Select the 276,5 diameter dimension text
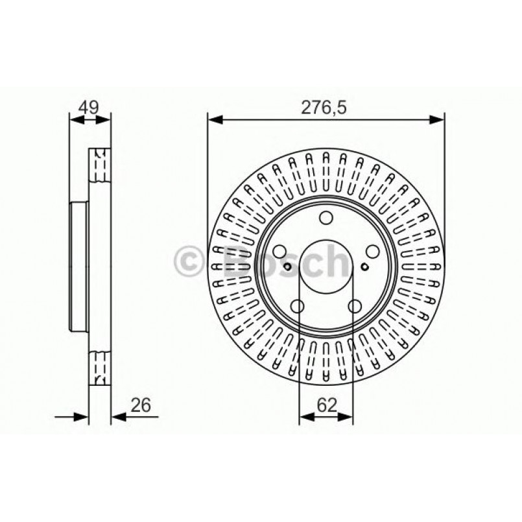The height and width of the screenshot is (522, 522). point(326,108)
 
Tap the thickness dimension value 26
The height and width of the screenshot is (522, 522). point(140,405)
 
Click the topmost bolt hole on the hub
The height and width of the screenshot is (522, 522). point(326,217)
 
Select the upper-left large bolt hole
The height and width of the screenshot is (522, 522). point(280,252)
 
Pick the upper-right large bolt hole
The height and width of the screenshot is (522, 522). point(372,252)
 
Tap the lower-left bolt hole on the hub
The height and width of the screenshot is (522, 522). point(298,305)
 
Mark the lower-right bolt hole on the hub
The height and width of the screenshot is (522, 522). point(355,305)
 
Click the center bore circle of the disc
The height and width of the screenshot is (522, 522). point(326,266)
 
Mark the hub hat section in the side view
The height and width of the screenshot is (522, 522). point(78,266)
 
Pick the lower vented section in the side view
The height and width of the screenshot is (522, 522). point(99,366)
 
